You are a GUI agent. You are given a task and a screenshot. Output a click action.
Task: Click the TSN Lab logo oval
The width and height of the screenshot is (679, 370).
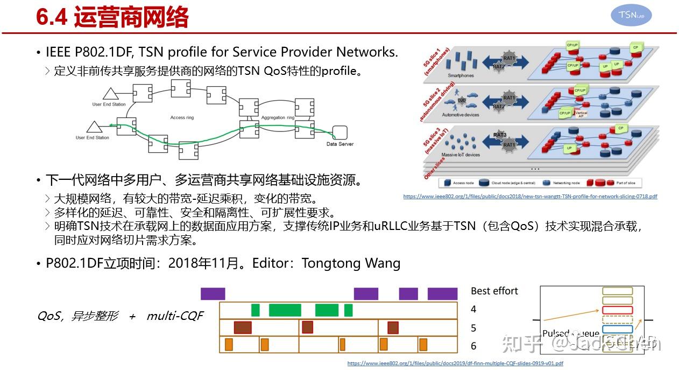631,16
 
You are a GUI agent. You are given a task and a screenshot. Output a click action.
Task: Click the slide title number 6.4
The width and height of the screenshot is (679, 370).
51,18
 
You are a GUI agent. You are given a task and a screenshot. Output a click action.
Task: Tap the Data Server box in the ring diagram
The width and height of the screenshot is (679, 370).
339,132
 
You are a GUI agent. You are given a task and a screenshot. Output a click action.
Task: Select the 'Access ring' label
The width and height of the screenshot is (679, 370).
181,117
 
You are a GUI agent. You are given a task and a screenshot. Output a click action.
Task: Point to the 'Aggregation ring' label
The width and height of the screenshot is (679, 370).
278,117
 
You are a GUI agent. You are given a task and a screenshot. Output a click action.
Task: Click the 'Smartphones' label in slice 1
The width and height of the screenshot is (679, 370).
461,75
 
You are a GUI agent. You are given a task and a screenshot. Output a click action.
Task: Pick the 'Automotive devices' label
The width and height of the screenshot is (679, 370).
461,115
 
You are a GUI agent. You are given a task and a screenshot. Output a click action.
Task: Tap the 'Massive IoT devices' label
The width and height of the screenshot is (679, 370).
461,155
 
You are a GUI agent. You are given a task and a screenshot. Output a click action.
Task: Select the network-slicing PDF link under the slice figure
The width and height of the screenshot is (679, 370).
530,197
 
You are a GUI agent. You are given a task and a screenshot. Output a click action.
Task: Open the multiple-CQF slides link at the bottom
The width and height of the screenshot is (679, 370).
455,364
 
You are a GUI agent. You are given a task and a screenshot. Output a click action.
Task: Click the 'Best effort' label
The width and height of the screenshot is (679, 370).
494,291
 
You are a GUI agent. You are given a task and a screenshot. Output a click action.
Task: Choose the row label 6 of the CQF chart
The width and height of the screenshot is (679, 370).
473,346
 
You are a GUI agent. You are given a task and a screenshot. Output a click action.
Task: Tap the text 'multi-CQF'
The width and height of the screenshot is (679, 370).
175,316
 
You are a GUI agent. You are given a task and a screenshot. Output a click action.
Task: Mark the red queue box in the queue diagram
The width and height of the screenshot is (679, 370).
617,310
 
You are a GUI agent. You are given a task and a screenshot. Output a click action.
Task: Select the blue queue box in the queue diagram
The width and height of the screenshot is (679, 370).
617,329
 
